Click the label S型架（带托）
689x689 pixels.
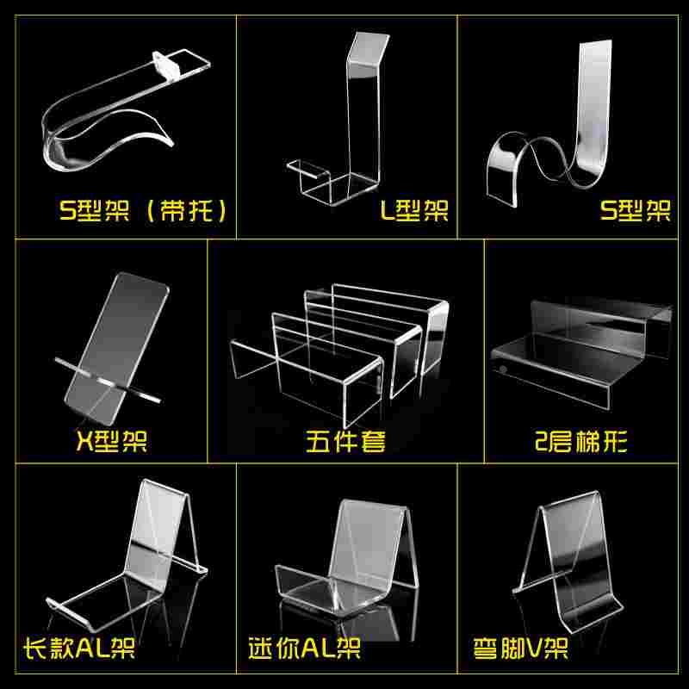pyautogui.click(x=143, y=210)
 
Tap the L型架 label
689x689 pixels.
pyautogui.click(x=414, y=210)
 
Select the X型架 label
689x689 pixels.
pyautogui.click(x=112, y=441)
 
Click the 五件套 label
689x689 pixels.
pyautogui.click(x=345, y=441)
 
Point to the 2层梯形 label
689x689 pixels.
pyautogui.click(x=580, y=441)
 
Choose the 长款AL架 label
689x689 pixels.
pyautogui.click(x=79, y=648)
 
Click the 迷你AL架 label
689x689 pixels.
pyautogui.click(x=304, y=648)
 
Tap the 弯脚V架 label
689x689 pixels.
pyautogui.click(x=520, y=648)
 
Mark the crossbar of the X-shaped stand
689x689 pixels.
pyautogui.click(x=108, y=380)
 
